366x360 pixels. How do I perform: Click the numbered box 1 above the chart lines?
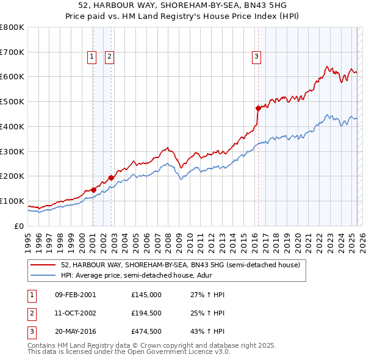click(x=91, y=57)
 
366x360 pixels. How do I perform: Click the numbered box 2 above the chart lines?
click(x=109, y=57)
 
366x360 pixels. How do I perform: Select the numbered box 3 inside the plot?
click(x=256, y=57)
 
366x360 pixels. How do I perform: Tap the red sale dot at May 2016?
click(x=258, y=108)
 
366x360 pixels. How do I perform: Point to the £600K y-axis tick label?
click(x=12, y=77)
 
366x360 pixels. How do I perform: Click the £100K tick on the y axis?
click(x=12, y=201)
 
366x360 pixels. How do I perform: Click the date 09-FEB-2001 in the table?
click(x=75, y=295)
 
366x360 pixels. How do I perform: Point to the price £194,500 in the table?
click(x=146, y=314)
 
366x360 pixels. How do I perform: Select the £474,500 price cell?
click(x=146, y=333)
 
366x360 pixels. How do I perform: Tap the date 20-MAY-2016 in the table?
click(x=76, y=333)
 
